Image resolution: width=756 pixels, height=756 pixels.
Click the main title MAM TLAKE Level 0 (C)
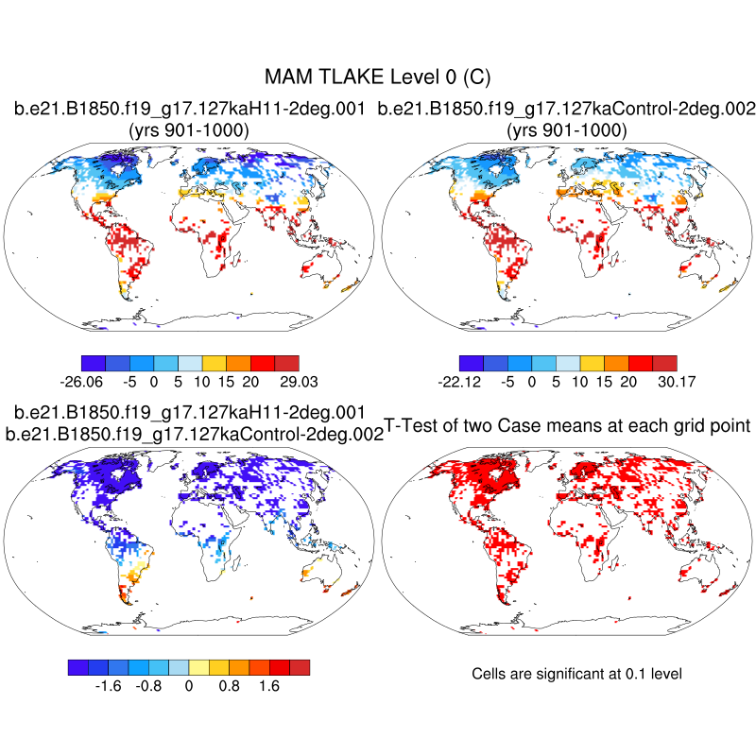[378, 77]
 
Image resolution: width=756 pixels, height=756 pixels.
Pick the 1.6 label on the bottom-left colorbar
[269, 686]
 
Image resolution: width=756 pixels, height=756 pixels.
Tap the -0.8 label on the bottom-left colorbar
[149, 686]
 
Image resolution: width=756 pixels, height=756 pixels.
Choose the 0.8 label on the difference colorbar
[230, 686]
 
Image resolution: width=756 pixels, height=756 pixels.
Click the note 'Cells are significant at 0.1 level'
[576, 674]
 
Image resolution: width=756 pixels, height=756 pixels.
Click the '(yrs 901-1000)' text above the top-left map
[189, 130]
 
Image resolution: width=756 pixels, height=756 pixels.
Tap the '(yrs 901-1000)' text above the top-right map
[567, 130]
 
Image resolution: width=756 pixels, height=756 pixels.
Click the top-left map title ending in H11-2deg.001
[189, 110]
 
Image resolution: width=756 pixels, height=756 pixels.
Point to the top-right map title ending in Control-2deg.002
[567, 110]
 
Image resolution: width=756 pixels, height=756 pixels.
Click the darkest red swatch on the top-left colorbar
[286, 362]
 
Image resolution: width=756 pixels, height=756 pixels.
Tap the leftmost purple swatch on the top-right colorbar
[471, 362]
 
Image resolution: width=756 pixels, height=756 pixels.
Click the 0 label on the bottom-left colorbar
[189, 686]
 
